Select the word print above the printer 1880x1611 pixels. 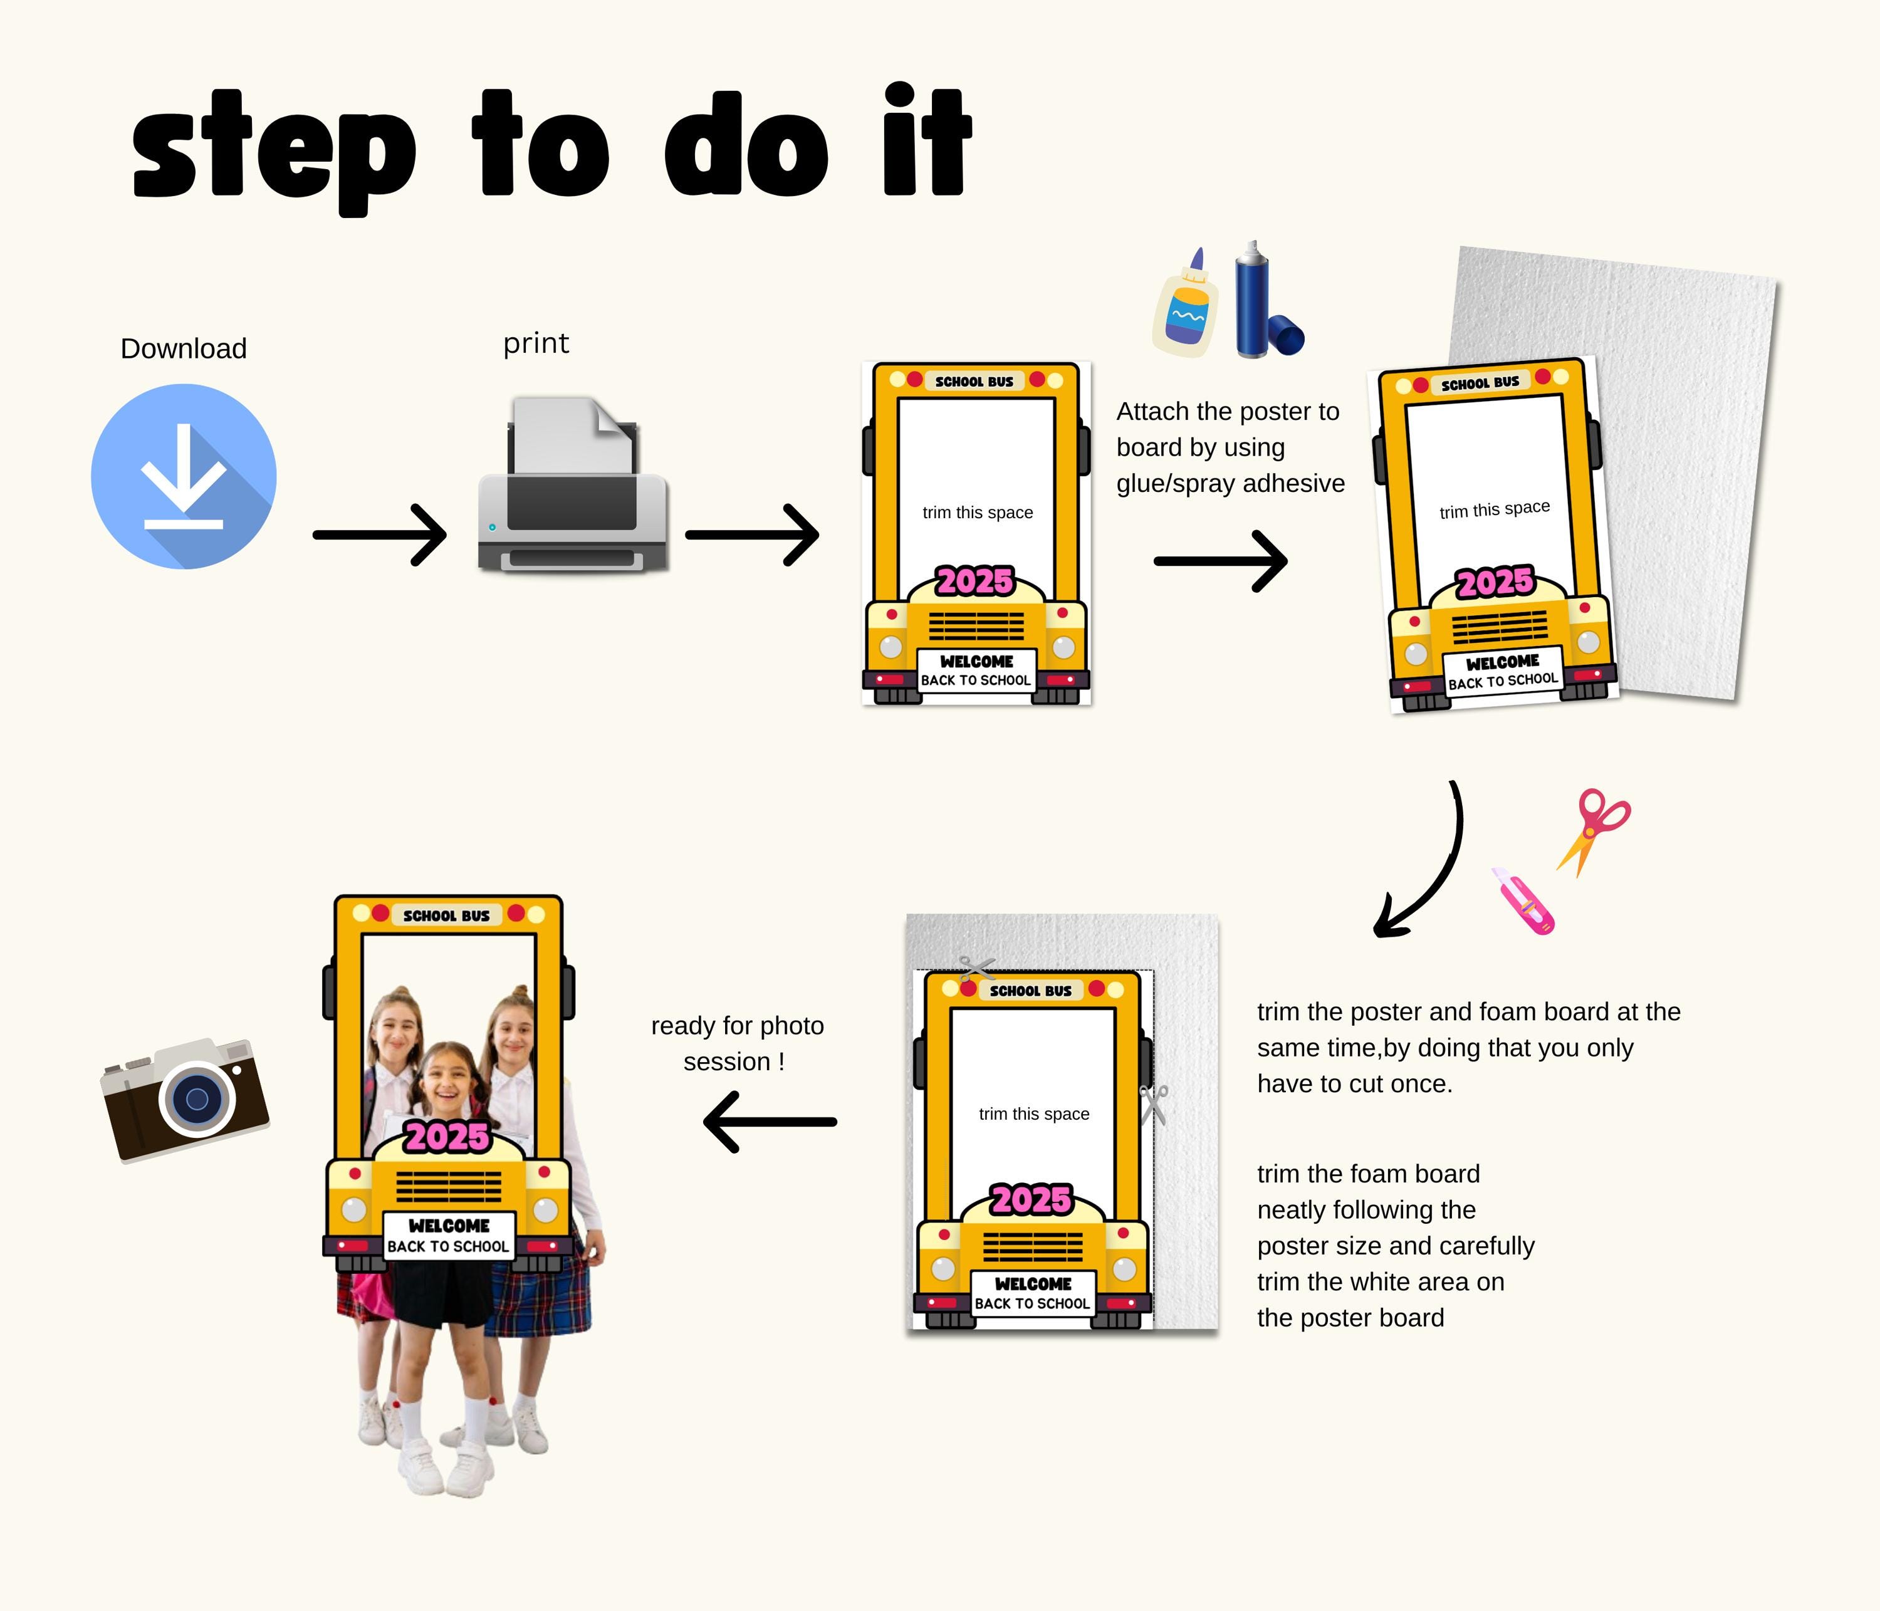click(536, 344)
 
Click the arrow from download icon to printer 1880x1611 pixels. click(379, 535)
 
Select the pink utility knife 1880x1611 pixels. click(1523, 901)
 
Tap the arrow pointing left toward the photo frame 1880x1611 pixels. click(770, 1122)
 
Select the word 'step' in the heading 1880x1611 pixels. click(274, 152)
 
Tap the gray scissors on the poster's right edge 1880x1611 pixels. click(1154, 1104)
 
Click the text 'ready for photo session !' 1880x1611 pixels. click(737, 1043)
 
